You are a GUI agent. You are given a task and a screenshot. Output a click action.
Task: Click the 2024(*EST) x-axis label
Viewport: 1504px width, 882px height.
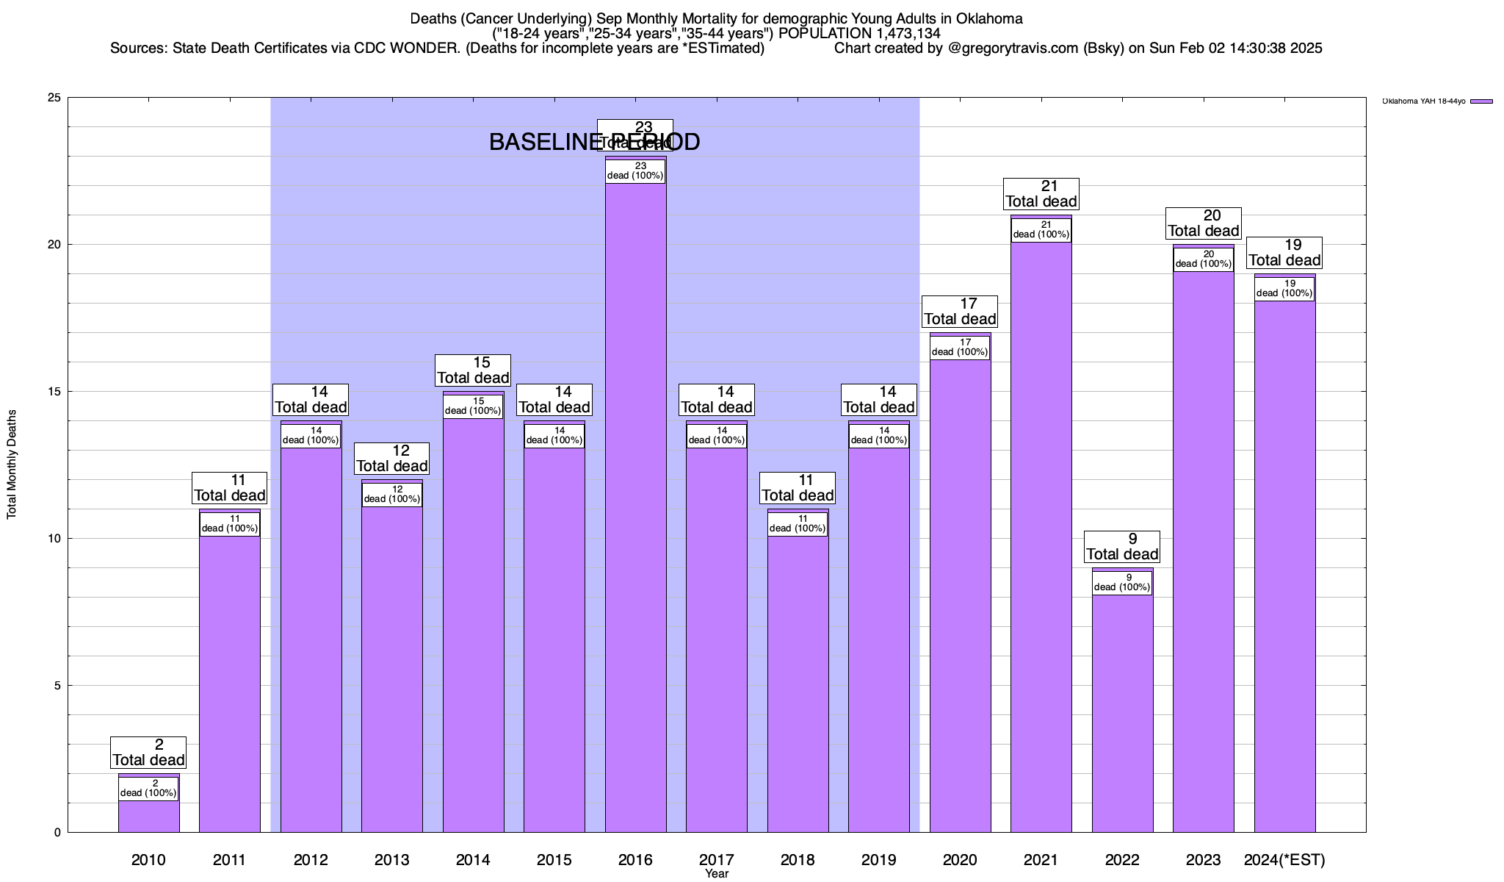1284,860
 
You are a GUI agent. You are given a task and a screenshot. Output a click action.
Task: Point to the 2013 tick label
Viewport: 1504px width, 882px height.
391,860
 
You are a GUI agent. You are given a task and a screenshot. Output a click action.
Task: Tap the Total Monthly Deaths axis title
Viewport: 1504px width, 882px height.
12,465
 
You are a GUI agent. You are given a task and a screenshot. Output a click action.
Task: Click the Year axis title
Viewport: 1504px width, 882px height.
716,874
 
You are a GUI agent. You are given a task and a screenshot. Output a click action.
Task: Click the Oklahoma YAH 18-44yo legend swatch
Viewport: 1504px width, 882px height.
1482,101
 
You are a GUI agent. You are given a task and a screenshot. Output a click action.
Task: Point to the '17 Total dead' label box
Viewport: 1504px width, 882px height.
960,312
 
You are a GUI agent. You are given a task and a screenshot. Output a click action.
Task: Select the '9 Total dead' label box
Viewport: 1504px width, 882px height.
1122,547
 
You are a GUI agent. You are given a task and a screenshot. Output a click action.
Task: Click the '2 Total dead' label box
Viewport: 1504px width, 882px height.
148,753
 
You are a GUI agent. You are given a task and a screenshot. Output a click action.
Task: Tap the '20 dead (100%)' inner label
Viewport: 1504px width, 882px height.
1203,259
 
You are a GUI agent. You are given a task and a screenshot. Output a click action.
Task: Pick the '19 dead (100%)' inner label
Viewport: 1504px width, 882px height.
1284,289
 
